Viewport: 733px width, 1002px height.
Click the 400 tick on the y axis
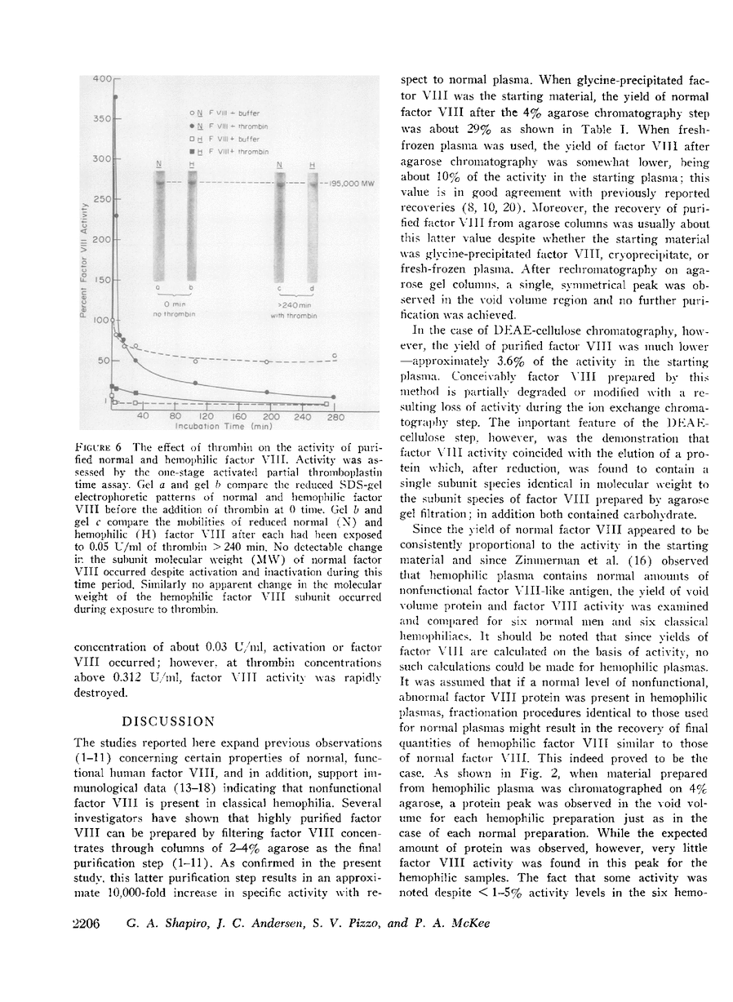pyautogui.click(x=103, y=79)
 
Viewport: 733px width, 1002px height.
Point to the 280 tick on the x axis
pyautogui.click(x=335, y=416)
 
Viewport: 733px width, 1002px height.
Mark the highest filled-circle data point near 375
pyautogui.click(x=115, y=97)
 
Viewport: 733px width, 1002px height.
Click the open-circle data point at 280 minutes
pyautogui.click(x=334, y=357)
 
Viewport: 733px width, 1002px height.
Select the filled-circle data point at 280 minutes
pyautogui.click(x=334, y=400)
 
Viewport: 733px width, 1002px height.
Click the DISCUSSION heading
pyautogui.click(x=168, y=721)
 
